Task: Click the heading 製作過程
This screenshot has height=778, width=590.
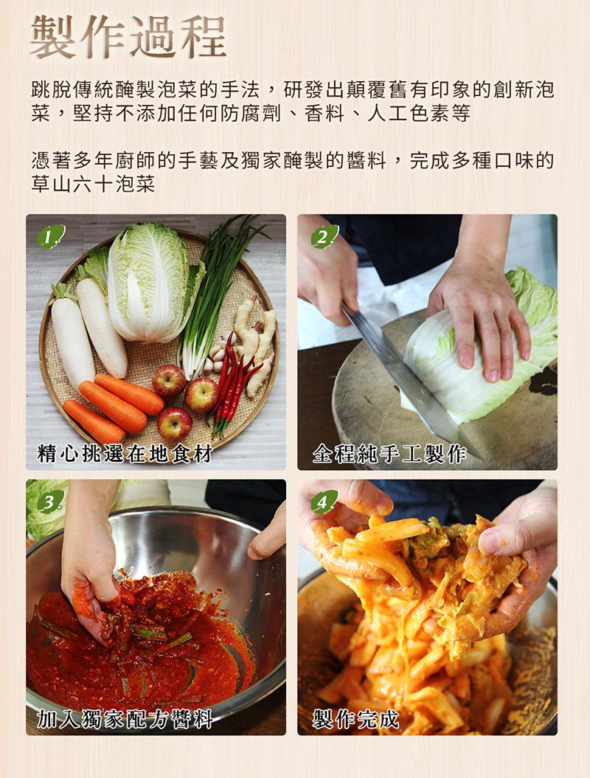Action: [128, 36]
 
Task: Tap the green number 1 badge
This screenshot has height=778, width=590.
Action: [50, 237]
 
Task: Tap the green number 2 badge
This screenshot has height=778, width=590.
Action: [323, 237]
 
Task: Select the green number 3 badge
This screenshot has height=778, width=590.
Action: [50, 503]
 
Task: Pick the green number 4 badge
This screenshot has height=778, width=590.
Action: [323, 503]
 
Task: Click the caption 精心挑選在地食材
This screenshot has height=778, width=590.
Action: [125, 453]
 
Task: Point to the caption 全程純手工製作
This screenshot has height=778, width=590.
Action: [389, 453]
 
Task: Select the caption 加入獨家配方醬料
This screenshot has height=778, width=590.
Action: [125, 718]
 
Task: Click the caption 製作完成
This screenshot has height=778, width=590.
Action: [355, 718]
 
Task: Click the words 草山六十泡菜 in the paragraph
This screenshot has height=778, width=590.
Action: [93, 185]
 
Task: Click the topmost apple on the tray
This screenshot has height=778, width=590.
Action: [169, 380]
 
